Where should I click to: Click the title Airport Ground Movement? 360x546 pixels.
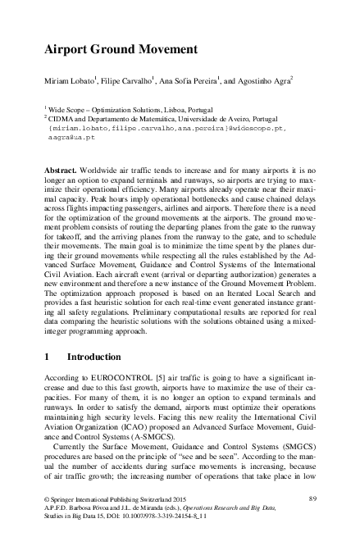(120, 48)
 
